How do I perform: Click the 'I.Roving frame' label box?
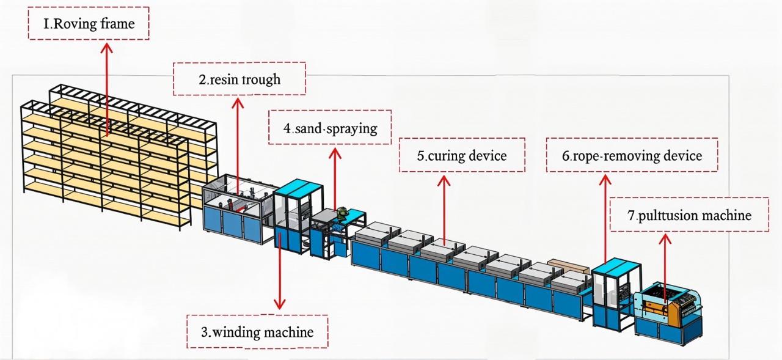(x=89, y=24)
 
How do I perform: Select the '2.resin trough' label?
(x=239, y=79)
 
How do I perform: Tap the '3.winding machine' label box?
(x=257, y=332)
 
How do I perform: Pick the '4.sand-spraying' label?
(x=330, y=128)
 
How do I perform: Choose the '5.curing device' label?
(x=462, y=155)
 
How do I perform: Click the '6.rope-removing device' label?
(x=632, y=155)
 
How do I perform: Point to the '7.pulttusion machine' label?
(x=689, y=215)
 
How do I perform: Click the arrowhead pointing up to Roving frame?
(x=108, y=47)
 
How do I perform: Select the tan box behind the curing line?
(x=568, y=265)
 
